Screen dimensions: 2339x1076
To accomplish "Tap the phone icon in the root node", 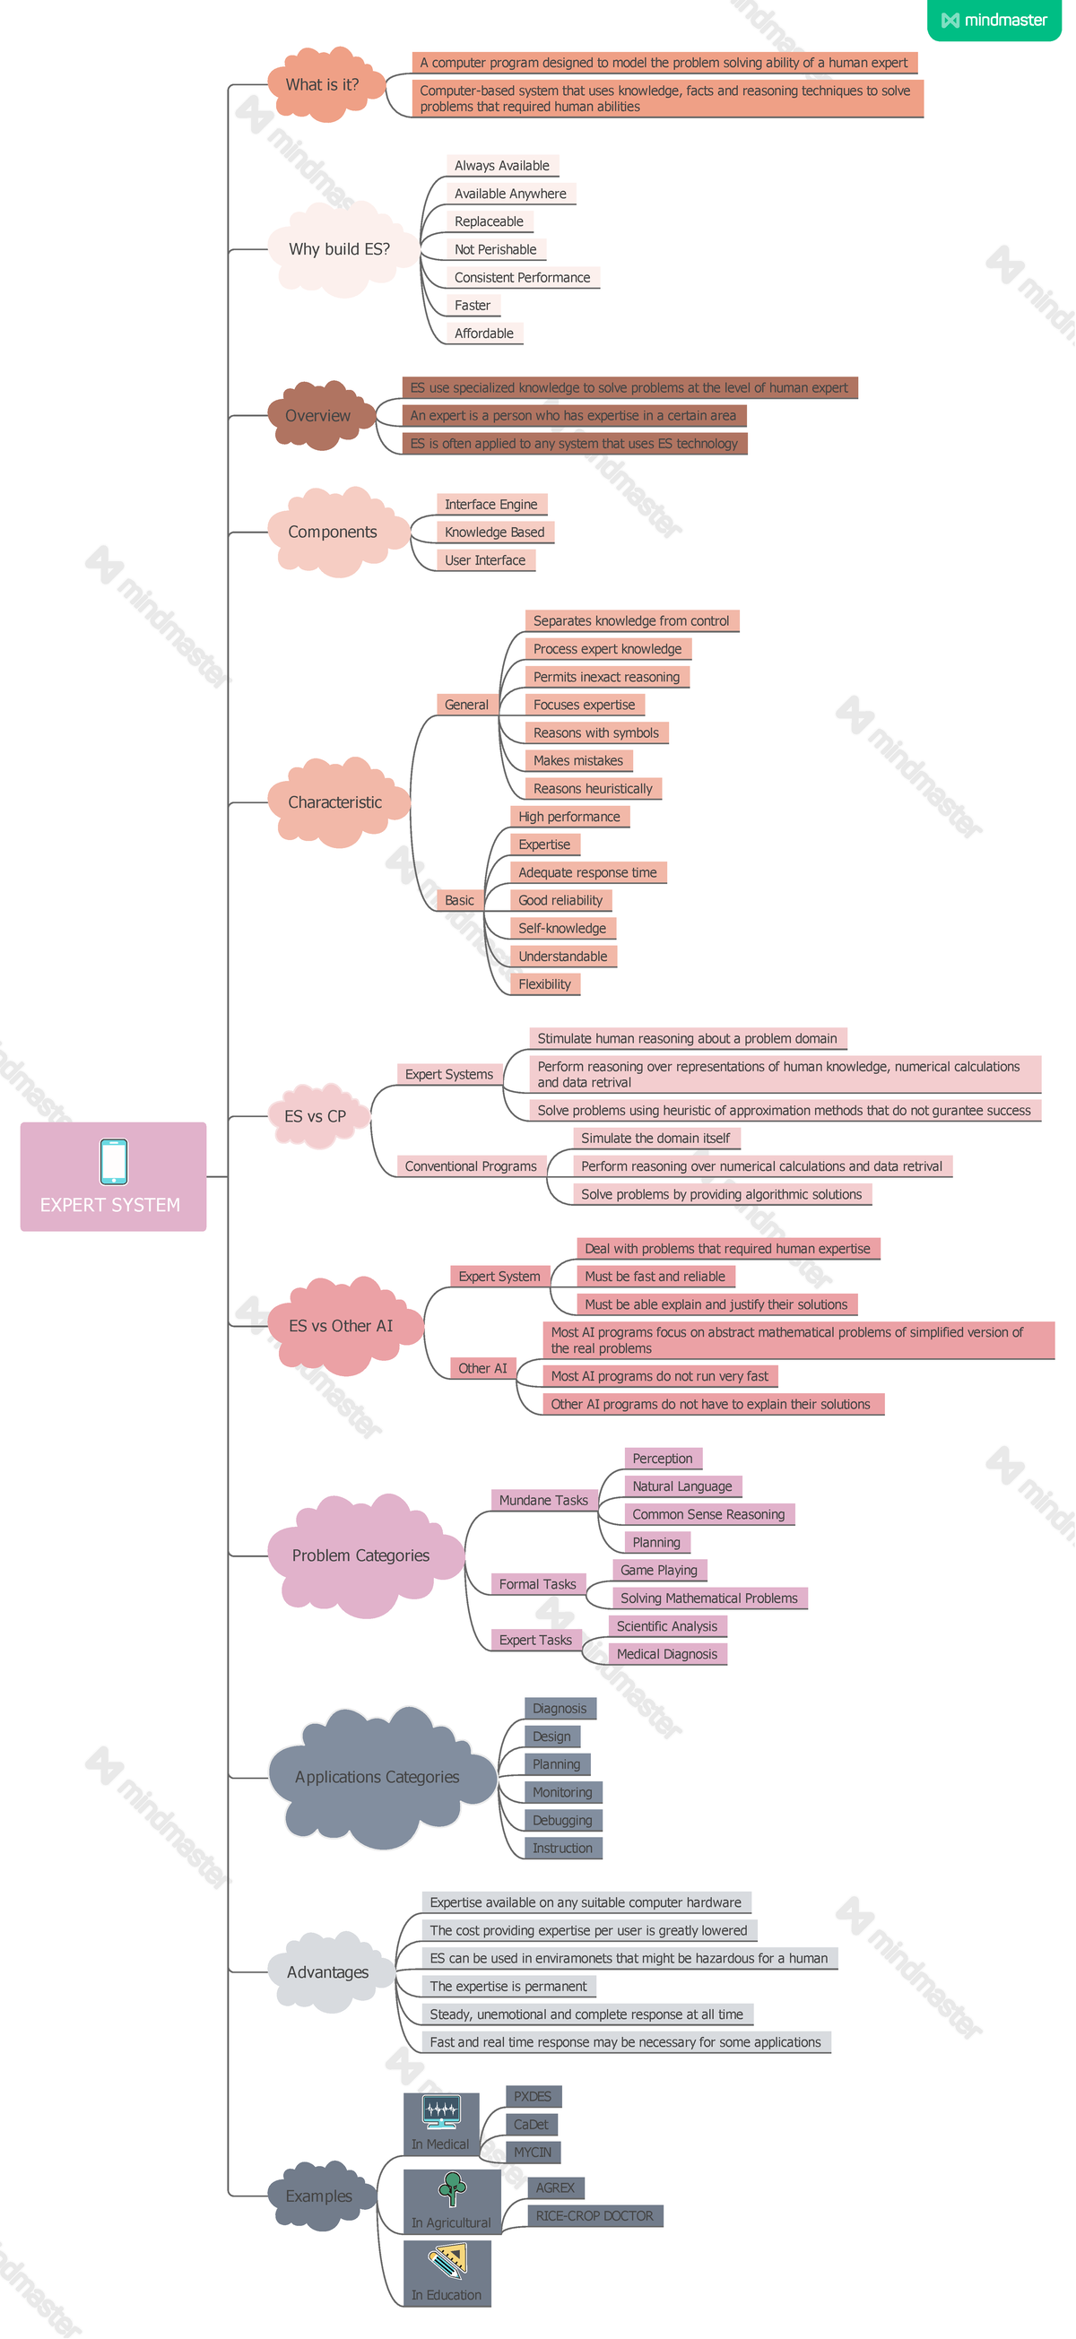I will [x=114, y=1160].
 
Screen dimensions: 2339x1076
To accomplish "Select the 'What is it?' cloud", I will [x=322, y=84].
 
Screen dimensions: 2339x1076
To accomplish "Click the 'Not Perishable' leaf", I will [x=496, y=250].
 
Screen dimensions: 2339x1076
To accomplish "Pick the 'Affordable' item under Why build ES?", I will [x=484, y=334].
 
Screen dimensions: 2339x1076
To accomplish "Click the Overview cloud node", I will [x=317, y=416].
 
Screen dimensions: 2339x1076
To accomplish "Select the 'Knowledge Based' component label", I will [x=495, y=533].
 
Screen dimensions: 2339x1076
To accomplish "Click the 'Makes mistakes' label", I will [x=578, y=761].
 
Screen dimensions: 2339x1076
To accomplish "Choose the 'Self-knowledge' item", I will [x=562, y=928].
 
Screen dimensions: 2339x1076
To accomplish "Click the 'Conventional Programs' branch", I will [x=471, y=1165].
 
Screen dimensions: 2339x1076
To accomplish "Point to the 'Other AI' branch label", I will [x=482, y=1368].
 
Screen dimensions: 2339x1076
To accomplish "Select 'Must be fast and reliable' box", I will [x=655, y=1277].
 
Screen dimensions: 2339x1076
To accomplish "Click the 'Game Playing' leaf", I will [x=659, y=1570].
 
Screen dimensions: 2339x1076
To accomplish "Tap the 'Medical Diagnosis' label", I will [x=667, y=1654].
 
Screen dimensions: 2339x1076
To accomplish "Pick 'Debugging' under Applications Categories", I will [x=563, y=1821].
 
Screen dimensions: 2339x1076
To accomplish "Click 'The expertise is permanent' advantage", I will [x=508, y=1987].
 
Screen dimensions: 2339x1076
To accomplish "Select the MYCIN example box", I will [x=533, y=2152].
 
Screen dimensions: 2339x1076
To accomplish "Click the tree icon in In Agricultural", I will [x=452, y=2188].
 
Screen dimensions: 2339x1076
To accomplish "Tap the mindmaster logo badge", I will [x=994, y=20].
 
